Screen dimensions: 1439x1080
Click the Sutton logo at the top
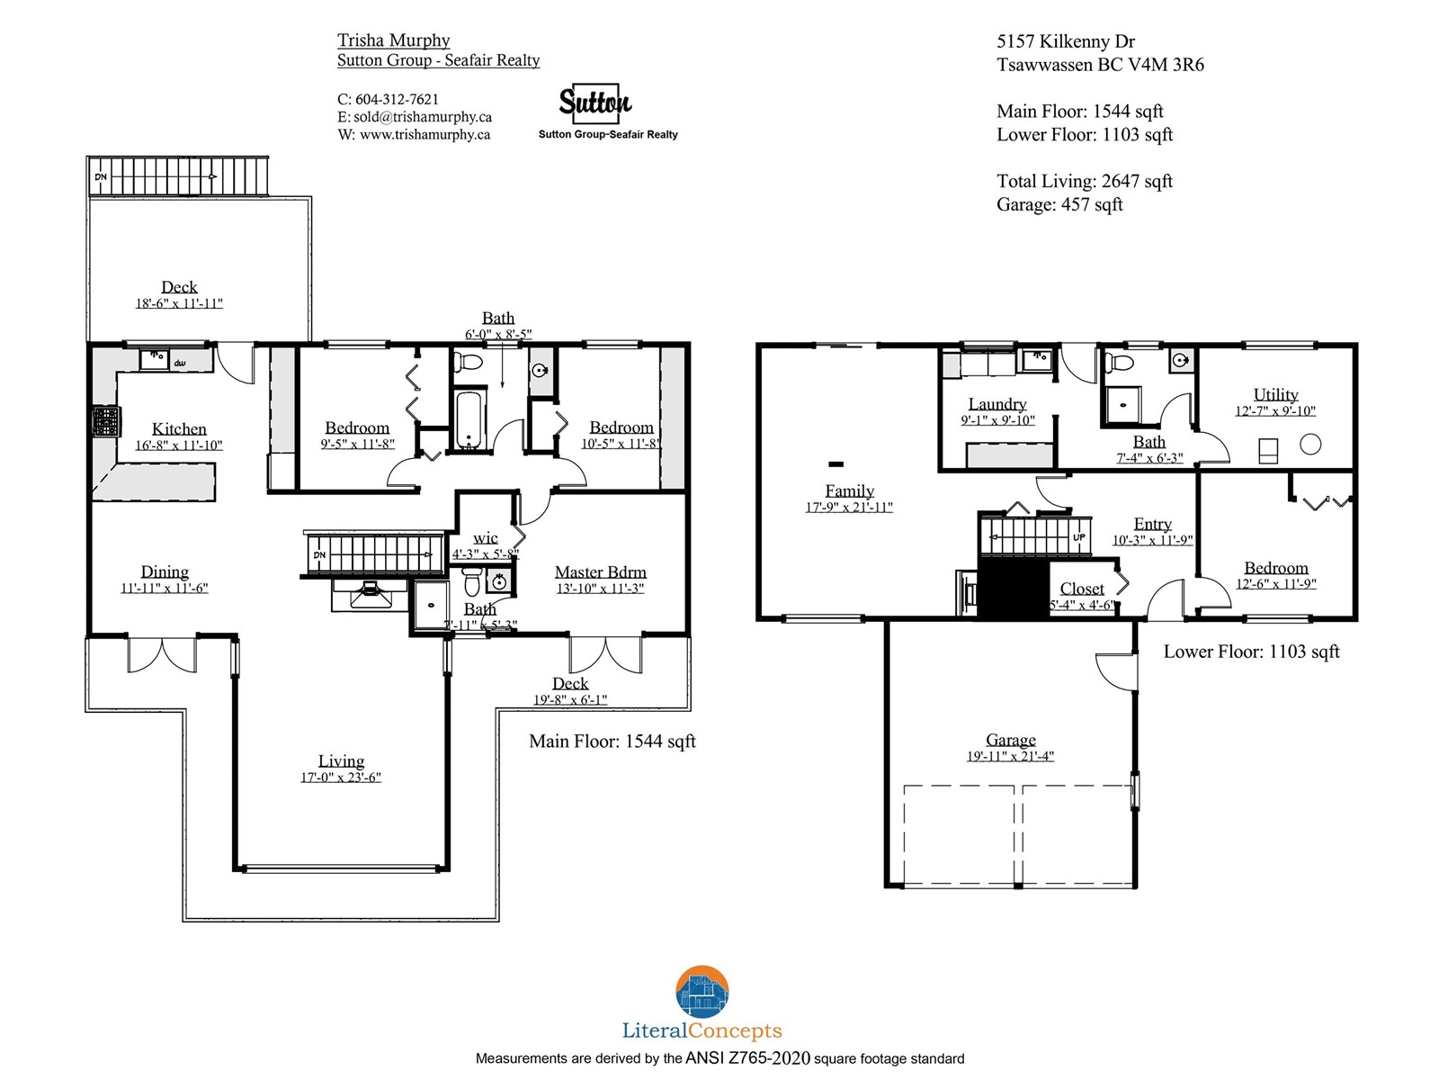[x=594, y=103]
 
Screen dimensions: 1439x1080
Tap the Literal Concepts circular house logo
[x=702, y=992]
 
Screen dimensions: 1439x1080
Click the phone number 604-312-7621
[x=397, y=99]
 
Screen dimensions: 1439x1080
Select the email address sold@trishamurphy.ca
[x=422, y=117]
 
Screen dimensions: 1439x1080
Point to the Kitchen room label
[x=179, y=429]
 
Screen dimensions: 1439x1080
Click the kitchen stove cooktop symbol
[x=106, y=421]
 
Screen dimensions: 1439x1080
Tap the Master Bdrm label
[x=600, y=571]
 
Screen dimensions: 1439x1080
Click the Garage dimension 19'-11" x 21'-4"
[x=1010, y=756]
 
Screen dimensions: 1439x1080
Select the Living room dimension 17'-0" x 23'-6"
[x=340, y=777]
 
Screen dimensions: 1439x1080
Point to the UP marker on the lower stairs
[x=1079, y=537]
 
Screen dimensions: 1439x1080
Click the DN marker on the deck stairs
[x=101, y=176]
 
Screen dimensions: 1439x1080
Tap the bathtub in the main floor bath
[x=468, y=419]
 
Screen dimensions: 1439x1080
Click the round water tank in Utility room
[x=1309, y=445]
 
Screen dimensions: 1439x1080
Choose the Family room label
[x=849, y=490]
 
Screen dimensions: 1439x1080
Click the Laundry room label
[x=997, y=404]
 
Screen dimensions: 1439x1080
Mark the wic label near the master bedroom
[x=485, y=538]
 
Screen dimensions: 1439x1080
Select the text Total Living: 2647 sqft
[x=1085, y=181]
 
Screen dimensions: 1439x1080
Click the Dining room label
[x=165, y=571]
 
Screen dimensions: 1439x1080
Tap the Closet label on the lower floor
[x=1082, y=589]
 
